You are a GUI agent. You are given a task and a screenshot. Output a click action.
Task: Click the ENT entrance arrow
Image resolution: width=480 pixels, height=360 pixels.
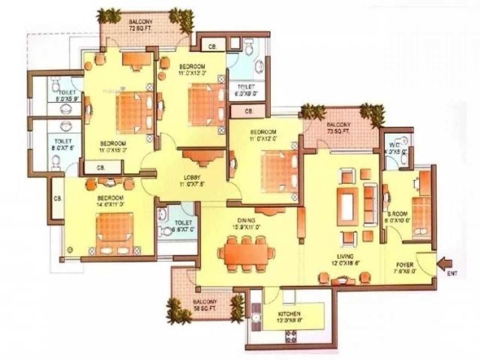tap(446, 264)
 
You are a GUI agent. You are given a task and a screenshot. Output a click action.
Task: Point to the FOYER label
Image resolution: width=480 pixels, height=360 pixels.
tap(405, 265)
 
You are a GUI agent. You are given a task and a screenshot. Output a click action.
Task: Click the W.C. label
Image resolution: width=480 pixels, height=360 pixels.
tap(394, 145)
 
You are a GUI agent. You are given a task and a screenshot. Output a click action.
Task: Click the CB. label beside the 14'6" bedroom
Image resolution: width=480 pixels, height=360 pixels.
tap(58, 199)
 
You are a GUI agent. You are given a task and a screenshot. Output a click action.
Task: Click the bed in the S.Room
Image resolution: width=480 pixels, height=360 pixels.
tap(422, 216)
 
